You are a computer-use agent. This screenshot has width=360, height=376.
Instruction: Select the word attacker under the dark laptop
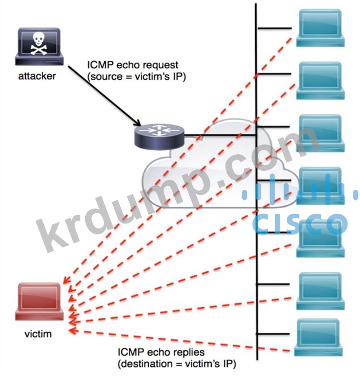click(x=37, y=76)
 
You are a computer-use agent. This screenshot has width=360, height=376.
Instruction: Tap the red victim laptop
click(x=39, y=302)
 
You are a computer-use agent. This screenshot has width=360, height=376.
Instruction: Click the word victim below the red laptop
click(x=38, y=334)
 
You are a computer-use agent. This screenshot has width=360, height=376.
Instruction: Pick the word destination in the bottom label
click(x=146, y=364)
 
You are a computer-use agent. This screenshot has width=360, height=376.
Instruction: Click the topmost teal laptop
click(x=320, y=28)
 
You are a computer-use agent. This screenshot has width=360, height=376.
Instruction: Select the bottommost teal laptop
click(x=318, y=337)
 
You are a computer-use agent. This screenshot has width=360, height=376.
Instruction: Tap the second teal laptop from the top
click(x=320, y=81)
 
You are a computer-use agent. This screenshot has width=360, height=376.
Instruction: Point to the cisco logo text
click(x=300, y=223)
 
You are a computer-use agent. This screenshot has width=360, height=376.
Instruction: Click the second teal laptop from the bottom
click(x=320, y=291)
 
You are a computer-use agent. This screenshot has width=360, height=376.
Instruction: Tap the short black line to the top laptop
click(x=275, y=28)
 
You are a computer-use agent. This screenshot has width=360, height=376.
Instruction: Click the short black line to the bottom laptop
click(x=273, y=333)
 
